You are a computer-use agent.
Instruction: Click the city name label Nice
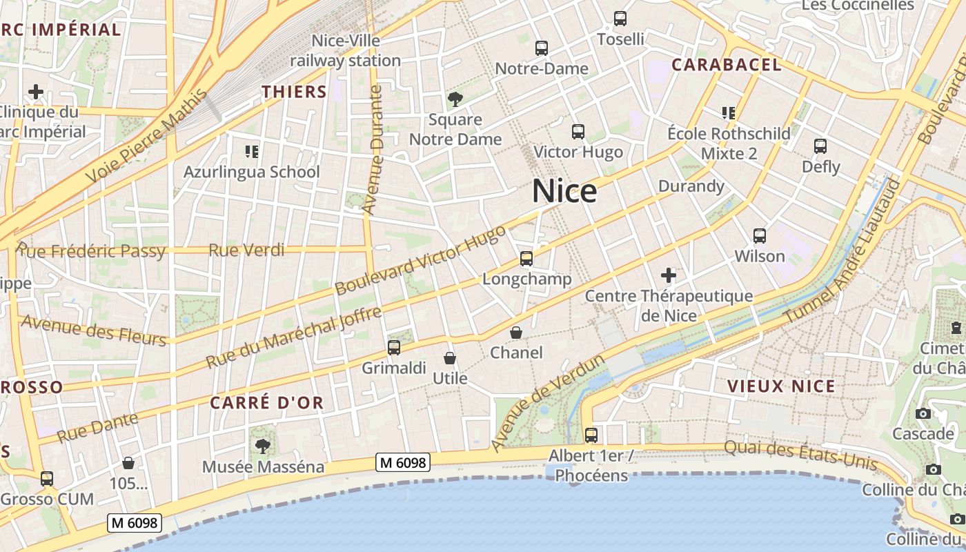coord(564,191)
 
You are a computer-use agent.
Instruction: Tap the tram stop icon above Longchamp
coord(526,259)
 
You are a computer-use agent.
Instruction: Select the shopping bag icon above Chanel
coord(516,333)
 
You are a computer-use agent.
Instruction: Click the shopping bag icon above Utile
coord(450,358)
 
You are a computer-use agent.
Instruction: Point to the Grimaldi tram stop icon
coord(394,347)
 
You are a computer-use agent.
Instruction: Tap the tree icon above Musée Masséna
coord(262,446)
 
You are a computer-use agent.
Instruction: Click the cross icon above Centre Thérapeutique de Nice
coord(668,276)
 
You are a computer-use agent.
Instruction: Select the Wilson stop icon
coord(760,236)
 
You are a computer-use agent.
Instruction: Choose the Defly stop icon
coord(820,146)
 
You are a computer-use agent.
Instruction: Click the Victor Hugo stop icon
coord(578,131)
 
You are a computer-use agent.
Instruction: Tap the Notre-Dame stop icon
coord(542,48)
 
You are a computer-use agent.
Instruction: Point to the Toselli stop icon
coord(620,19)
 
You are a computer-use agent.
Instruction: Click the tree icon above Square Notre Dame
coord(455,99)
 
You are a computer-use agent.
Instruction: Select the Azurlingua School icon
coord(251,151)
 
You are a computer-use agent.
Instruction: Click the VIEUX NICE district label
coord(782,386)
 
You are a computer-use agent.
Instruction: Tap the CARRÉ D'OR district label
coord(266,403)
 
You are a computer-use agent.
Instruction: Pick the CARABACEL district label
coord(727,65)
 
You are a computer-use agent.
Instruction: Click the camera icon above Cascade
coord(923,413)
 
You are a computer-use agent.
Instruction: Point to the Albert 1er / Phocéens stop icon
coord(591,435)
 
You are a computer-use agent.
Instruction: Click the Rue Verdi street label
coord(246,250)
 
